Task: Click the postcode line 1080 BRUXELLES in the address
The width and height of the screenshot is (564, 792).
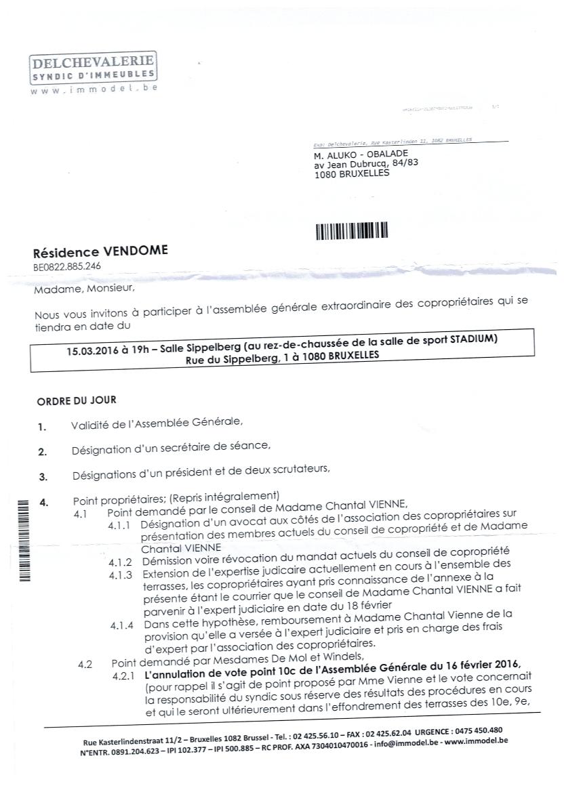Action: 352,173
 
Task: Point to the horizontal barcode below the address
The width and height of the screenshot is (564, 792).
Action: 352,230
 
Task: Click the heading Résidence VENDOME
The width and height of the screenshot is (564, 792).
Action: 100,252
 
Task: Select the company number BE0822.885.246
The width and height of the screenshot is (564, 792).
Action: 67,266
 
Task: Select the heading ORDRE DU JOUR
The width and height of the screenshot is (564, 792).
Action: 77,401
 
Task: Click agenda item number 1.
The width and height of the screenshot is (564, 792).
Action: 43,427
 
